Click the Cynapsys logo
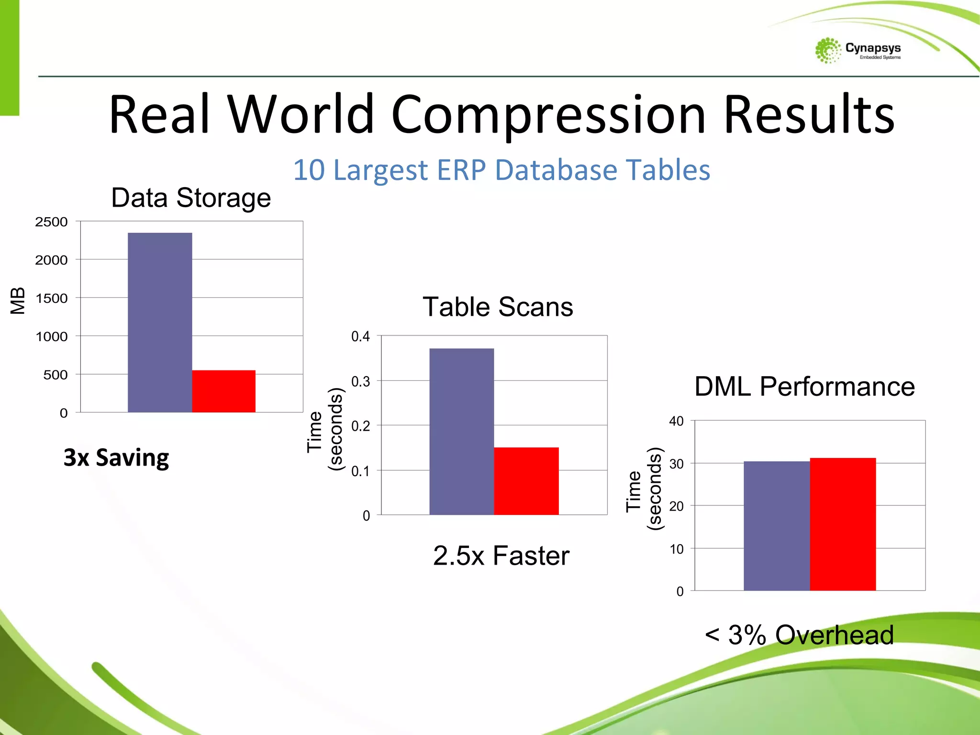857,50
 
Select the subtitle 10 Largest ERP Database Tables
501,170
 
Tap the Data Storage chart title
191,198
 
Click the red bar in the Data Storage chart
223,391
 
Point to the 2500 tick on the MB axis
51,222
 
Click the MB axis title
18,301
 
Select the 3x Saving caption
116,457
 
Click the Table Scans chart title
498,307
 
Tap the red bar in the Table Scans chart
526,481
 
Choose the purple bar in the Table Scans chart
461,431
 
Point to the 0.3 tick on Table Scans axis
360,381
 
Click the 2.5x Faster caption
501,556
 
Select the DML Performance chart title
804,386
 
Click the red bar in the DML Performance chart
843,524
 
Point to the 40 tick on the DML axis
676,421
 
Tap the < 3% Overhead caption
799,635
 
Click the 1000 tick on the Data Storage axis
51,337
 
